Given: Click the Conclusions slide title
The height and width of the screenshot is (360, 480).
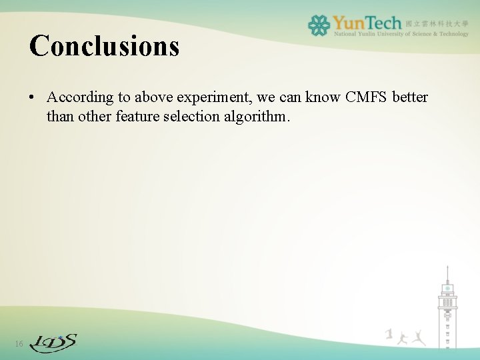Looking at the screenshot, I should coord(105,46).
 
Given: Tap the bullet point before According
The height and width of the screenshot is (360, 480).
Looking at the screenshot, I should coord(32,98).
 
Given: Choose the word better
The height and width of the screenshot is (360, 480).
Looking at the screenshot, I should coord(410,97).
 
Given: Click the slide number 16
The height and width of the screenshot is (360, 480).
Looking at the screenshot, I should coord(19,344).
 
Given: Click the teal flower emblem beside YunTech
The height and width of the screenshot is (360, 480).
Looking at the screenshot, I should coord(319,25).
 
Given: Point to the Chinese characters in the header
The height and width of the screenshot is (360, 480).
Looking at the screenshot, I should coord(437,23).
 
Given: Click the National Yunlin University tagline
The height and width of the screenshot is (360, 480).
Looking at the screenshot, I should coord(401,34).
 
